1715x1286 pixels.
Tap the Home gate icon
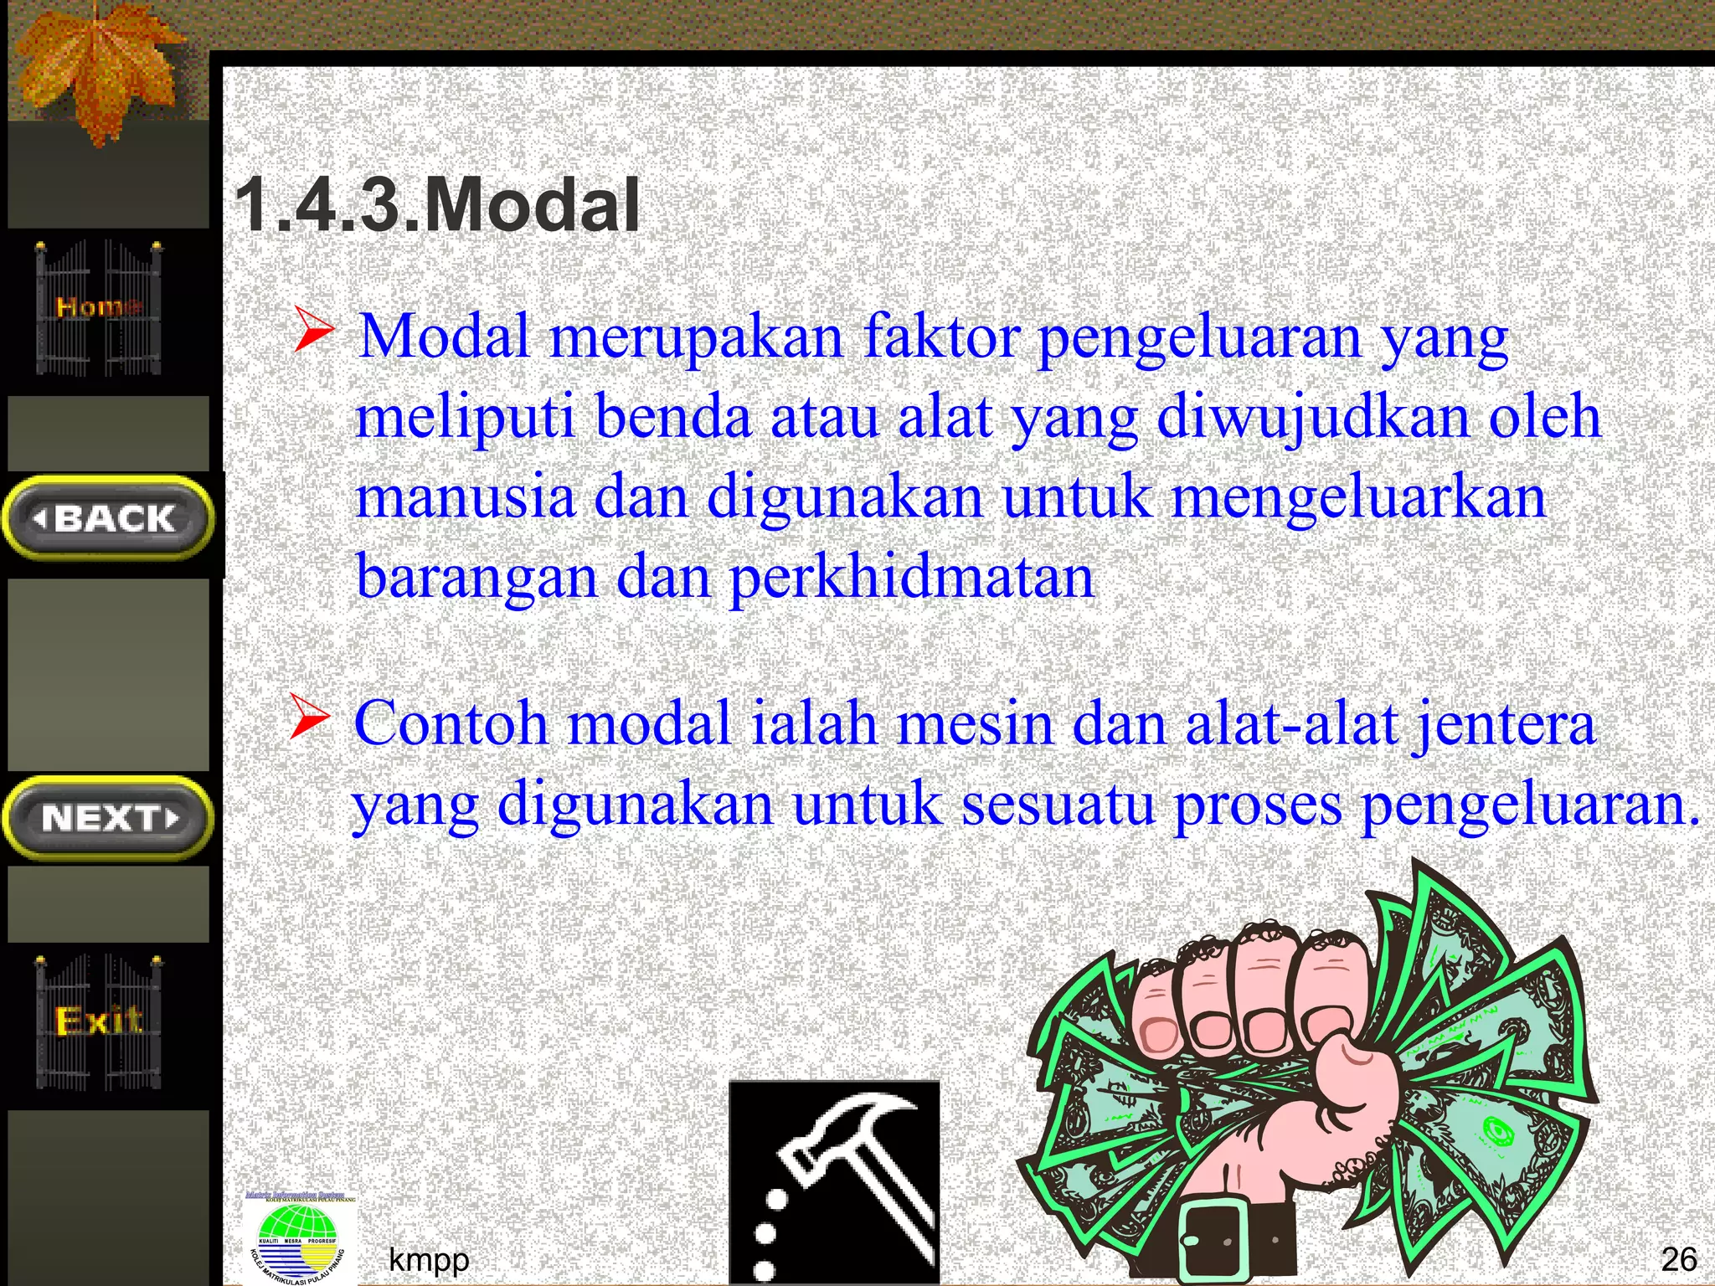(x=99, y=307)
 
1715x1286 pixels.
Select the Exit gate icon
(x=99, y=1021)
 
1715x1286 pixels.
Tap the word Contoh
(x=451, y=723)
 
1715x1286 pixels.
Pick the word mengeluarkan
(x=1358, y=497)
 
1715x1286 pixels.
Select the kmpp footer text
(x=429, y=1259)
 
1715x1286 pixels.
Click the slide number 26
(x=1678, y=1259)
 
